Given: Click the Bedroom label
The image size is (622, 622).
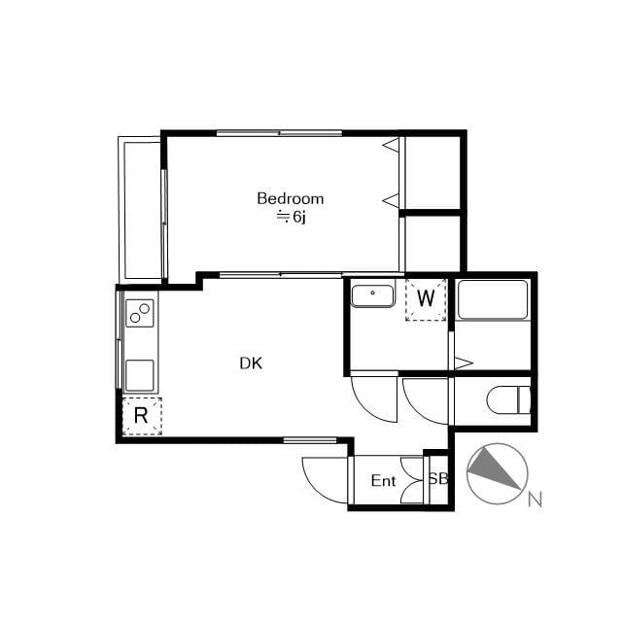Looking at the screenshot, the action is point(291,198).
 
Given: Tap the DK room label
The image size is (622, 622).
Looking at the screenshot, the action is point(251,363).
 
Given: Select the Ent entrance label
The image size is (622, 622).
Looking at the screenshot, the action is point(383,481).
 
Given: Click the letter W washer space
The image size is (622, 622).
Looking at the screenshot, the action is point(426,298).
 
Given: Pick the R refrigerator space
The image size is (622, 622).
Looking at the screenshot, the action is point(142,416).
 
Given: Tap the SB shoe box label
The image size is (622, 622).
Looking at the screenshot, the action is point(438,479).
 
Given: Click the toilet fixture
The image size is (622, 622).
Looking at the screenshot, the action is point(508,399).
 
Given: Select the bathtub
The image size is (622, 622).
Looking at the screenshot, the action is point(493,299).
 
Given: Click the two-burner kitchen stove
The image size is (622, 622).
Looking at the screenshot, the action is point(140,313).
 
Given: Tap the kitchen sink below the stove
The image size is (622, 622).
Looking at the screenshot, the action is point(140,375).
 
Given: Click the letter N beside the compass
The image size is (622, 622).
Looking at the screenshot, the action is point(535,500).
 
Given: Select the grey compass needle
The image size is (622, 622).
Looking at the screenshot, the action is point(492,468).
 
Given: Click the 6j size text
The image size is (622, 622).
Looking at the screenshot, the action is point(298,218).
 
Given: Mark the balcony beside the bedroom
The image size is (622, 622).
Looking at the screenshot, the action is point(140,210).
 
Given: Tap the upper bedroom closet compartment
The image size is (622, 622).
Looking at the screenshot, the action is point(432,173).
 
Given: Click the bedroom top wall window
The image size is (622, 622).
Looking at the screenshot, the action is point(279,133).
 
